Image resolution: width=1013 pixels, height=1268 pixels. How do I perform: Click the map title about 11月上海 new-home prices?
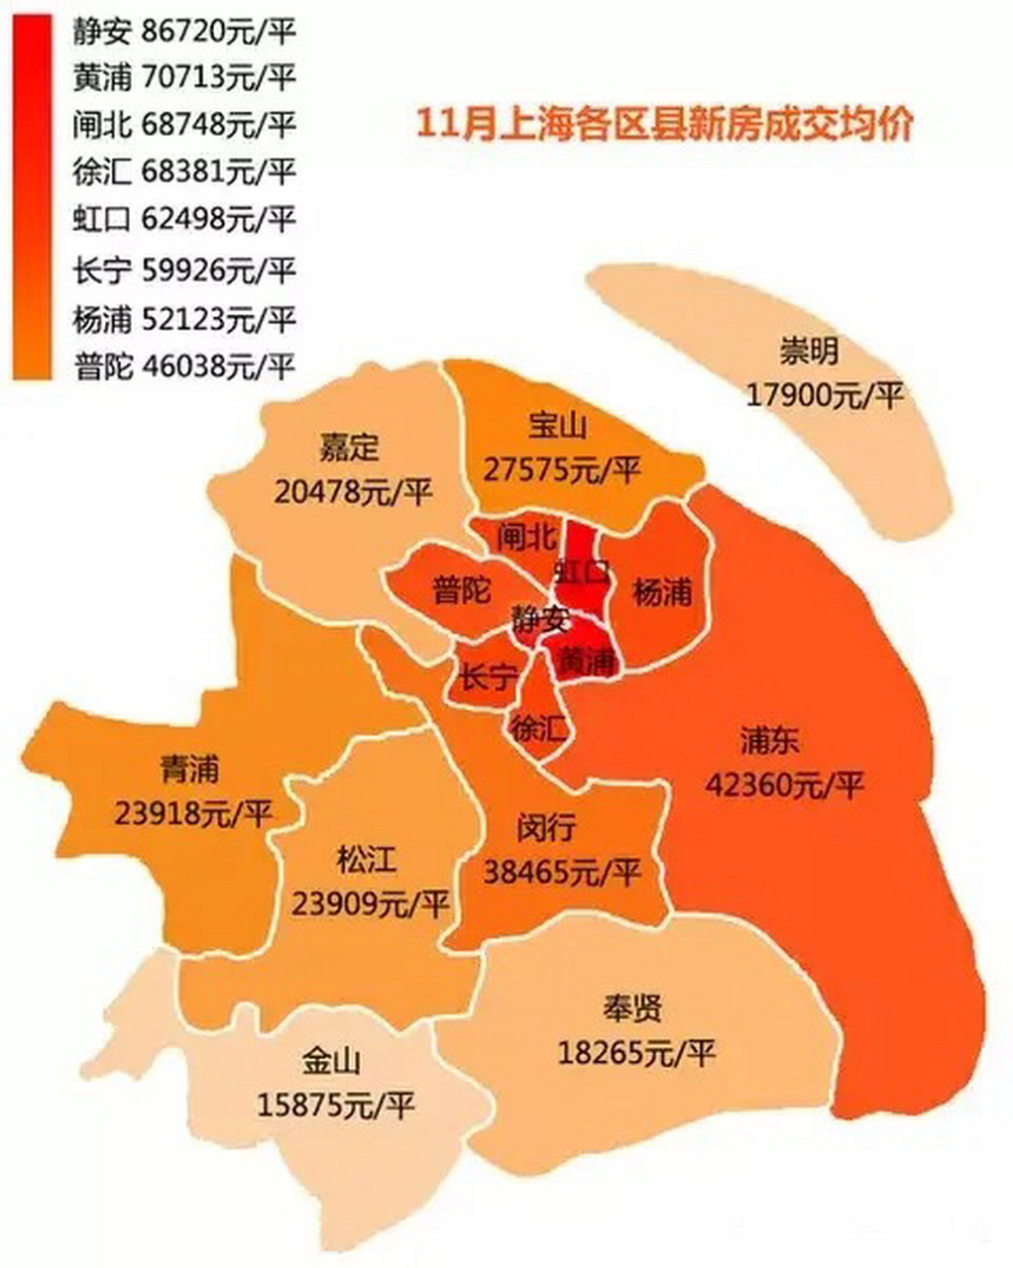663,127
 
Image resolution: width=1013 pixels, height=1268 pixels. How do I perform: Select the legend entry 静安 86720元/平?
184,32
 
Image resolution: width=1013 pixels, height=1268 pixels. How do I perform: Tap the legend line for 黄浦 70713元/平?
184,76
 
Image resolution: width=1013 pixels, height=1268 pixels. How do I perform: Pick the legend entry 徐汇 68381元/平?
184,171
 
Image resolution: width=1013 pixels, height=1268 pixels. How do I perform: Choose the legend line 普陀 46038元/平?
184,367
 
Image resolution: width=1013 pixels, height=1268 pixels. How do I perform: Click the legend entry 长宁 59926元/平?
184,269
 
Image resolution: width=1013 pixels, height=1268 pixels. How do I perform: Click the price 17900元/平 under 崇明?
825,395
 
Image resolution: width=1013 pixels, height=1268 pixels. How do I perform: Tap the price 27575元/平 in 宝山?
562,469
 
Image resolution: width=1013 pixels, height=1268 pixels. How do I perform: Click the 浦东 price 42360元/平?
784,786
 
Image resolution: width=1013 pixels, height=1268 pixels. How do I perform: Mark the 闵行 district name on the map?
545,826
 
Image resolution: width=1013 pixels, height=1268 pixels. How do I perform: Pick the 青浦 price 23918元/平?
193,813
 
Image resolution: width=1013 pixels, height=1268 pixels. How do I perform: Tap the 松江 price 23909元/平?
371,902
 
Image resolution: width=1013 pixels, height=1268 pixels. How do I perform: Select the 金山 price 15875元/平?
335,1104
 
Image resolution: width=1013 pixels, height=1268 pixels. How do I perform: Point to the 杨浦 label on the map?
661,592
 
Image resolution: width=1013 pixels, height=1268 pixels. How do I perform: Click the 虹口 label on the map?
582,572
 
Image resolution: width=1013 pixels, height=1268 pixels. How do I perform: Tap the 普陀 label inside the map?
462,591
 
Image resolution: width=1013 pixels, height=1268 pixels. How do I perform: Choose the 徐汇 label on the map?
538,729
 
